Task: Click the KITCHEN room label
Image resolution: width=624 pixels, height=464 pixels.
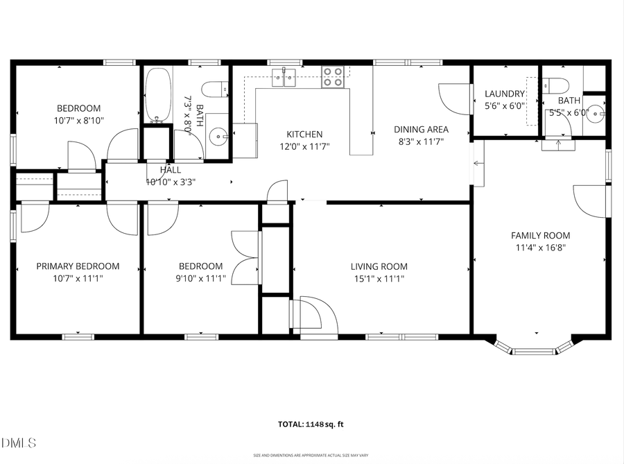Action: [305, 134]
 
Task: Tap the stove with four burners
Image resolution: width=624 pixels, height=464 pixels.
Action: [333, 77]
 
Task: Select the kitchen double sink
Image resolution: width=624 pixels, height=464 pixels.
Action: [285, 76]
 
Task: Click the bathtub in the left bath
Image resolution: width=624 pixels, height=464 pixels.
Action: [158, 95]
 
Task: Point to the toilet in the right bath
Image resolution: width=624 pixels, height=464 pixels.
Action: [557, 86]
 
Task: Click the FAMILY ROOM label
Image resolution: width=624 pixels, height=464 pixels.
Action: [540, 235]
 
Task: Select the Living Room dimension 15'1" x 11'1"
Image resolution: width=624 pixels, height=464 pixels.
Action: [379, 279]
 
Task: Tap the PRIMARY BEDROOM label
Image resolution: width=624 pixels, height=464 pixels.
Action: [78, 266]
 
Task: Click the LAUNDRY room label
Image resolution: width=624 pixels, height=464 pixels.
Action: [505, 94]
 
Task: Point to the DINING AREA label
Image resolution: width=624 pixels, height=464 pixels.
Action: [421, 129]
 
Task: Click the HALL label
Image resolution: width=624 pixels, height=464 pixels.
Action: [171, 169]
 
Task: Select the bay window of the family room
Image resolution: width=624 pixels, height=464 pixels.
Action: [534, 347]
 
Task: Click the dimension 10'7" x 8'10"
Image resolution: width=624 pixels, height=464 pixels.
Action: [78, 120]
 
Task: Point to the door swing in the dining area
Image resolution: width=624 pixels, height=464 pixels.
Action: [453, 98]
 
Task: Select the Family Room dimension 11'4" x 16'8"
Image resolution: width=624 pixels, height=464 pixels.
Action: [540, 248]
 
